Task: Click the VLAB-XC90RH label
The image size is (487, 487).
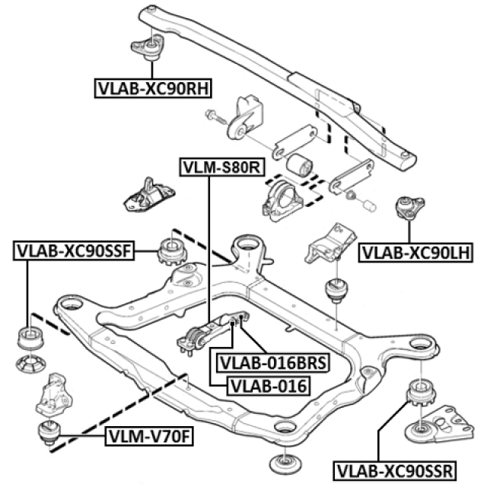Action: coord(152,88)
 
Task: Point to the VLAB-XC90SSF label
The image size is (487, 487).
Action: coord(74,249)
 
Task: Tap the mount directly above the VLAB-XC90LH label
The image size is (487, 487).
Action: coord(409,207)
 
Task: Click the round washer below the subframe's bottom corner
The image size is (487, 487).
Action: coord(286,463)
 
